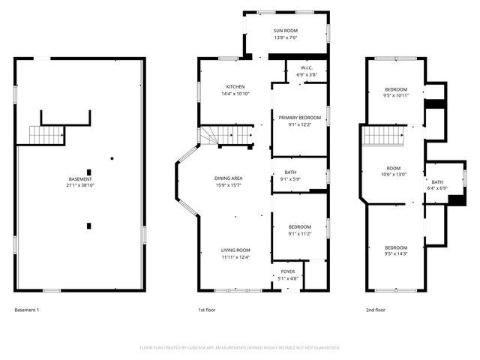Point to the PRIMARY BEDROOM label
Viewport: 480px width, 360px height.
299,118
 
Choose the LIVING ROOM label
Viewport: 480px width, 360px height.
235,250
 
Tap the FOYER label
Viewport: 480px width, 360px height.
288,271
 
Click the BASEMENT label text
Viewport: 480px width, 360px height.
79,179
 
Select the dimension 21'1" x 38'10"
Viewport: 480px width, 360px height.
79,185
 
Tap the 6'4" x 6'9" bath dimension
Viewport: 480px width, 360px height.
437,188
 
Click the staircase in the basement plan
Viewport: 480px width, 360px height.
43,135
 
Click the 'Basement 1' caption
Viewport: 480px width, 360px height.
27,310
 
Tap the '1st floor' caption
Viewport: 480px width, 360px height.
207,310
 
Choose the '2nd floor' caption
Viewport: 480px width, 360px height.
376,310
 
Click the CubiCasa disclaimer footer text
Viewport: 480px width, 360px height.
240,347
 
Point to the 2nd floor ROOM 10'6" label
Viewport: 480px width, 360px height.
394,168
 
